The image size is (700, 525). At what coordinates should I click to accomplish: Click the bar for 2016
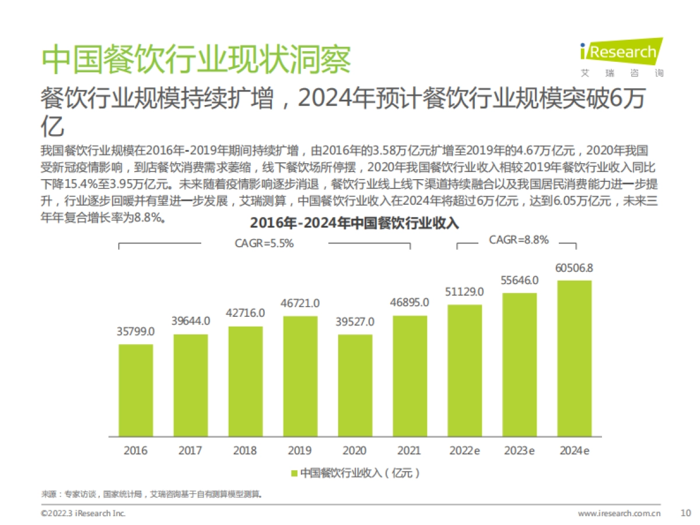click(136, 390)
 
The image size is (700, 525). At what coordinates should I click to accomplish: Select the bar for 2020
click(355, 385)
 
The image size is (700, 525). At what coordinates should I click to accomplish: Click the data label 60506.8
click(575, 268)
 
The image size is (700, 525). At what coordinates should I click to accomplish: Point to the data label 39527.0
click(355, 322)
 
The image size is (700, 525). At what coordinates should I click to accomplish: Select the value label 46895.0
click(409, 302)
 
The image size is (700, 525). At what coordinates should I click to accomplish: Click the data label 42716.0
click(245, 313)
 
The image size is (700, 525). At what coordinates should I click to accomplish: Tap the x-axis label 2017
click(190, 450)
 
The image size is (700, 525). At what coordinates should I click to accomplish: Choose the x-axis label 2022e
click(465, 450)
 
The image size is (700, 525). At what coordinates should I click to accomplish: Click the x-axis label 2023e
click(519, 450)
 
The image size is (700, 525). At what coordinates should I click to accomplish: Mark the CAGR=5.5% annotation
click(264, 244)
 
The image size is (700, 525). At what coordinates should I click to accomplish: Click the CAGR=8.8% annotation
click(518, 240)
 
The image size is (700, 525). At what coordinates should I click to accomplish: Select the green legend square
click(295, 473)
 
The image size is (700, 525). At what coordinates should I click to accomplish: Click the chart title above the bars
click(355, 224)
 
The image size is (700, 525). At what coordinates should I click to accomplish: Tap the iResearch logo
click(621, 57)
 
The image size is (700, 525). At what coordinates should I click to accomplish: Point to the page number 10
click(685, 513)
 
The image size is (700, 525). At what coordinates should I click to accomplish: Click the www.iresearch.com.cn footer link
click(619, 514)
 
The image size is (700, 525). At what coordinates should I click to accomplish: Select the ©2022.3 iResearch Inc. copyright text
click(83, 514)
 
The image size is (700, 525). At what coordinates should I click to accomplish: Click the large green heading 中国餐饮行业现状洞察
click(197, 59)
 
